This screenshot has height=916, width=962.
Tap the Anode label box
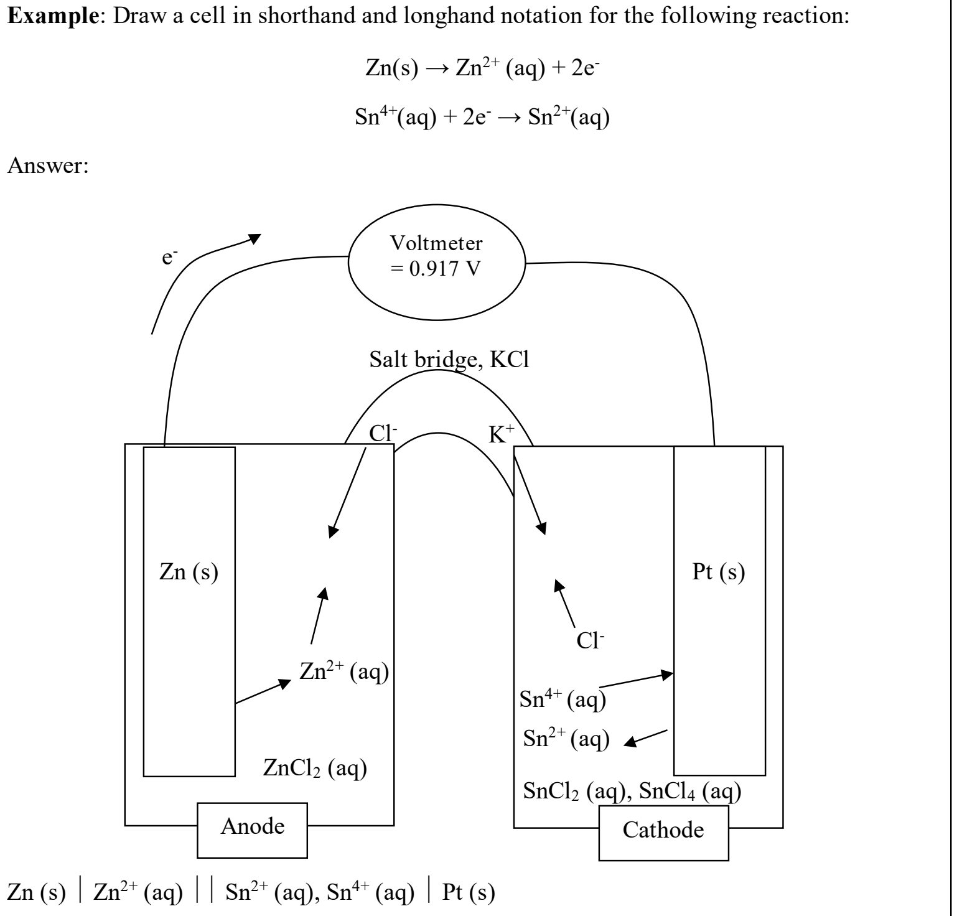(253, 826)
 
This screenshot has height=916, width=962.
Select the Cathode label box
(663, 830)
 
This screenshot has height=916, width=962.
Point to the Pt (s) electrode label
(719, 572)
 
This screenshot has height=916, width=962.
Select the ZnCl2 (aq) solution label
(315, 769)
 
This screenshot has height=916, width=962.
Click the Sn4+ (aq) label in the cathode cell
(563, 700)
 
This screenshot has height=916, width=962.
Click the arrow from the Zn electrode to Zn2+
(263, 691)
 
